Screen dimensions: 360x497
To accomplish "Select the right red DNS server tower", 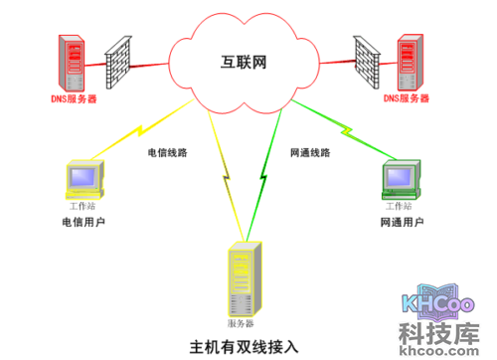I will click(x=408, y=62).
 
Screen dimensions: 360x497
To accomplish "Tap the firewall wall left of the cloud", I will click(x=120, y=63).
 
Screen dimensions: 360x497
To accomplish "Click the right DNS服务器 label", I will click(x=407, y=99).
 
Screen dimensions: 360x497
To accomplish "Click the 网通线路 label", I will click(x=310, y=154).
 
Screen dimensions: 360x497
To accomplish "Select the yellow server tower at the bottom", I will click(x=242, y=279).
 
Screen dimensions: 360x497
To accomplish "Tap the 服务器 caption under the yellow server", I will click(x=242, y=324).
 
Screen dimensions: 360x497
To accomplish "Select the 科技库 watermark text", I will click(x=439, y=331).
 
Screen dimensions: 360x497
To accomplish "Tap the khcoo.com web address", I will click(x=439, y=350).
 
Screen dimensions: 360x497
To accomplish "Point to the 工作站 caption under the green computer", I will click(x=399, y=205).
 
